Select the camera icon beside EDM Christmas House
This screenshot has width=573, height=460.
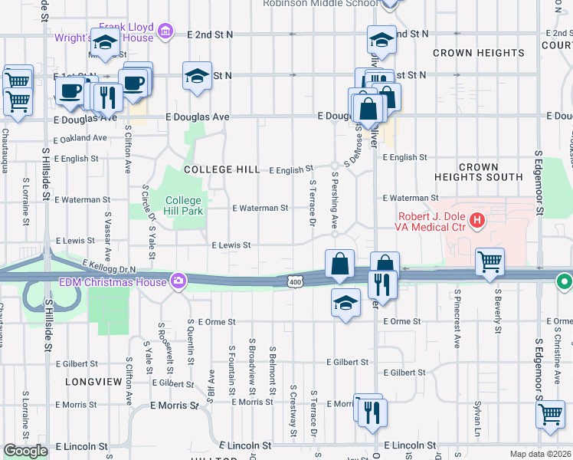tap(178, 281)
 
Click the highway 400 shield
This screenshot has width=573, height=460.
tap(296, 282)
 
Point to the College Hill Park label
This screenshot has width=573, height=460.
tap(184, 207)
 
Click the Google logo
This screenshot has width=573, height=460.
tap(25, 452)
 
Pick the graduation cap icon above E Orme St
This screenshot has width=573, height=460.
tap(346, 302)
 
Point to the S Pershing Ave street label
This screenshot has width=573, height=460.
tap(334, 199)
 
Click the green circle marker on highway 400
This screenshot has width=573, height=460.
tap(565, 281)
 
